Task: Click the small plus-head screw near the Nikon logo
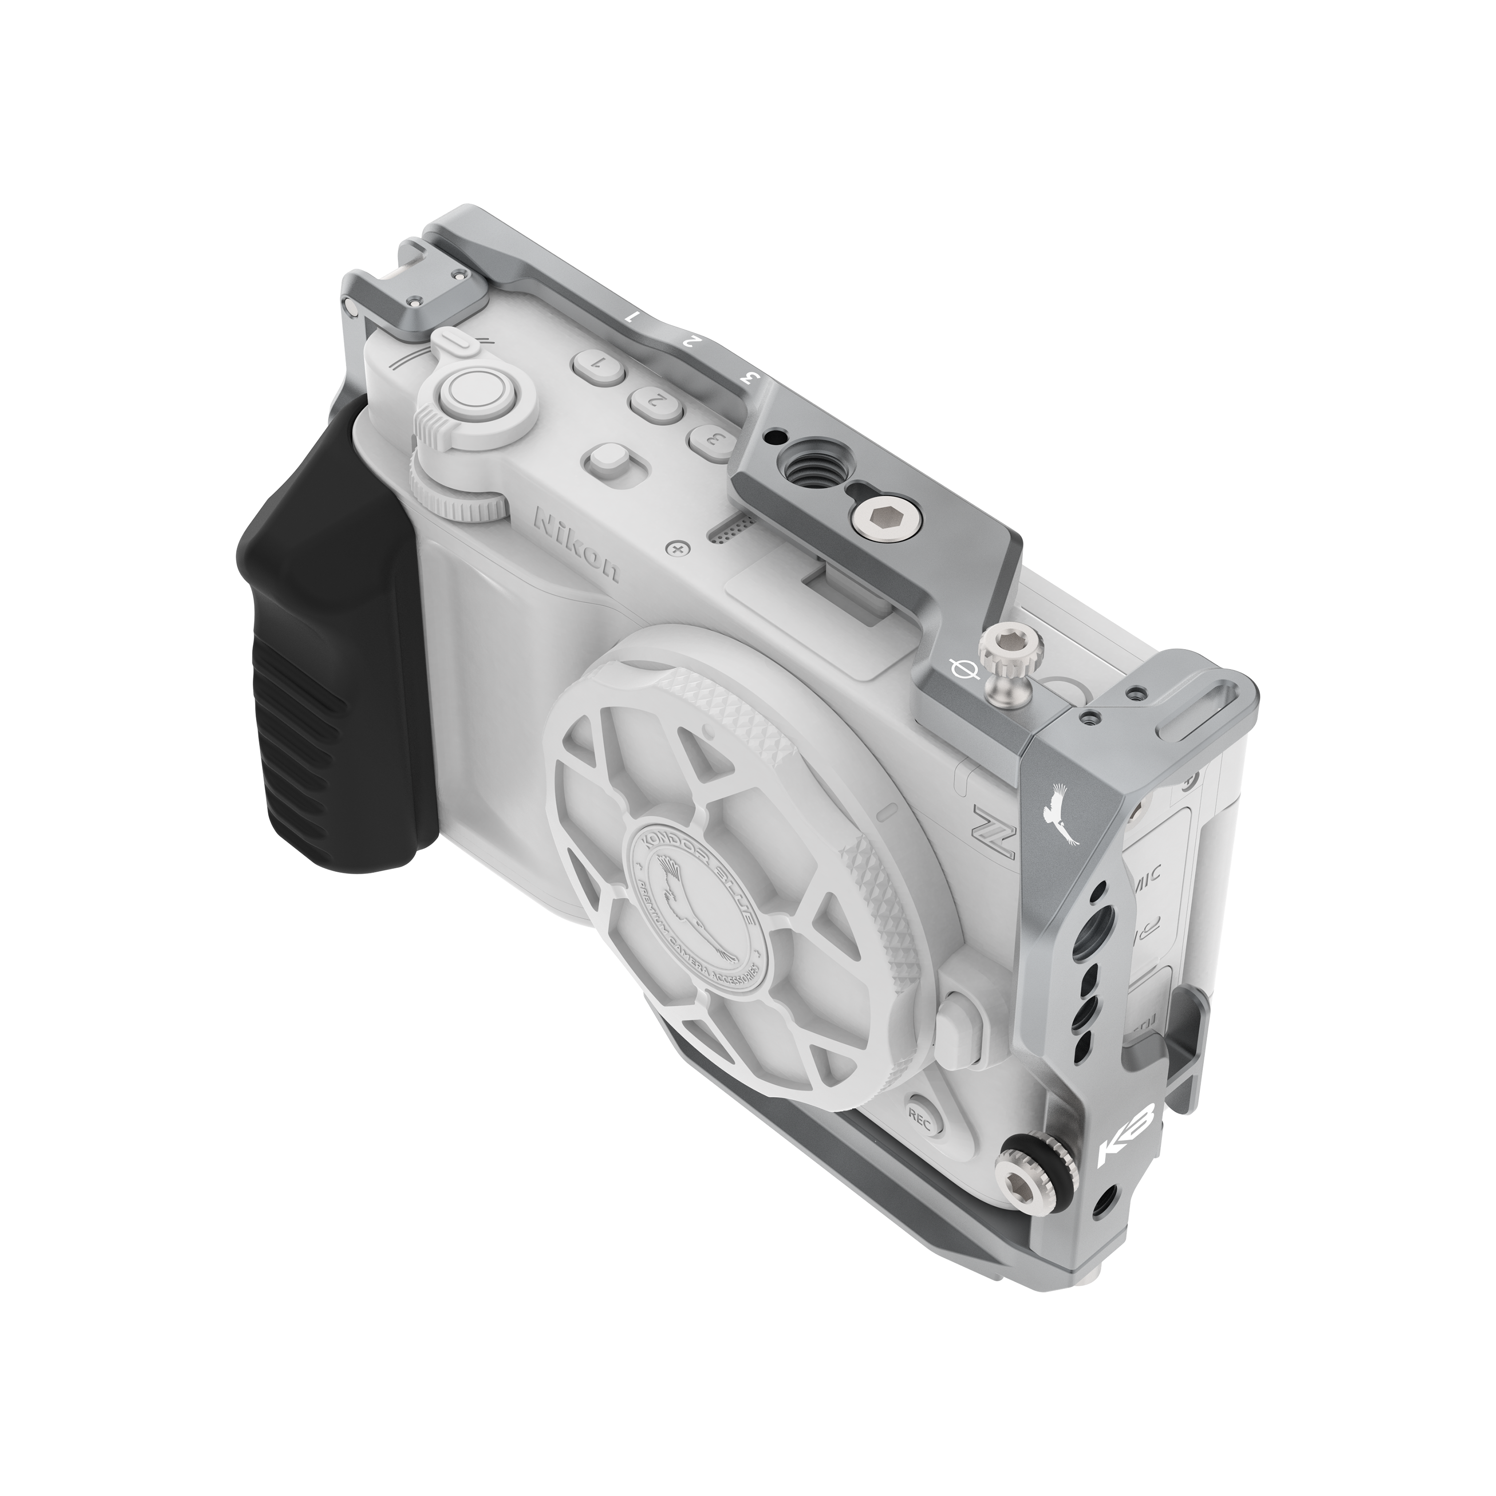click(x=680, y=548)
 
